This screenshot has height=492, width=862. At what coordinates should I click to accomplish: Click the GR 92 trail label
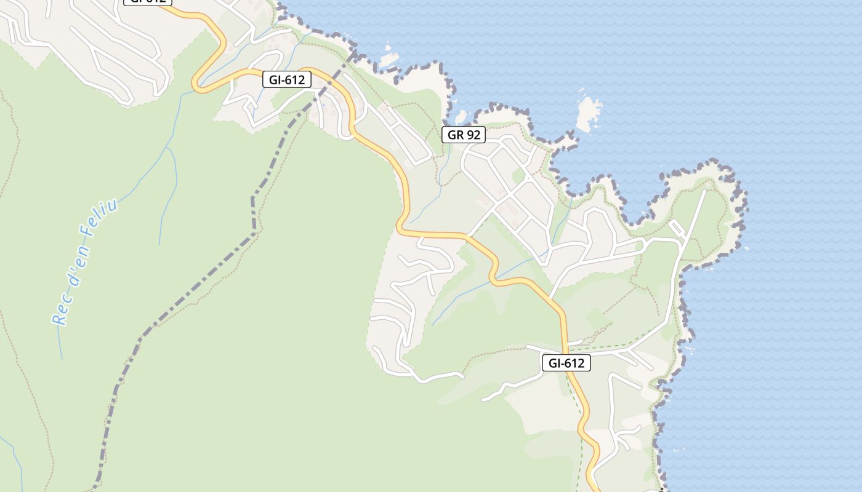coord(464,135)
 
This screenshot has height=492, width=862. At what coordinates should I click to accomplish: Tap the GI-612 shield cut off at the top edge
coord(148,2)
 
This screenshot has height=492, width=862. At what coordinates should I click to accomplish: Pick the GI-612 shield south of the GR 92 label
coord(566,363)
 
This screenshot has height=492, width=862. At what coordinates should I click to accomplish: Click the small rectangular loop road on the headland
coord(677,228)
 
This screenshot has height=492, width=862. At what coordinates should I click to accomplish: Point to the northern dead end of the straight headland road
coord(705,191)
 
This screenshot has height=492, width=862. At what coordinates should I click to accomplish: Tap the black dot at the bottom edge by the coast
coord(661,490)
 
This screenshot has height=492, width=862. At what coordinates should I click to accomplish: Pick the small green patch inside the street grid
coord(519,177)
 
